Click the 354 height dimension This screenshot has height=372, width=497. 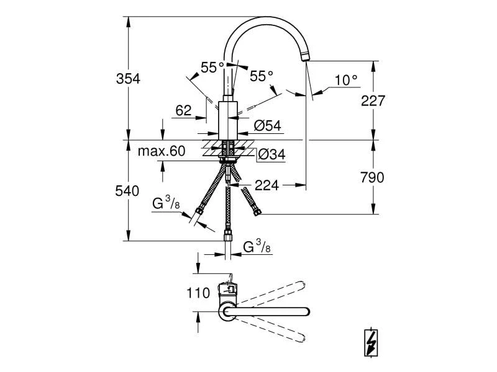click(x=129, y=79)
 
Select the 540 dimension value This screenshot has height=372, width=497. click(x=129, y=191)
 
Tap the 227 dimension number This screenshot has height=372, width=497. click(x=373, y=100)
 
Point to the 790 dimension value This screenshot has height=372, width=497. click(x=373, y=177)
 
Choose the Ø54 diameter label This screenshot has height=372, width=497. click(x=267, y=126)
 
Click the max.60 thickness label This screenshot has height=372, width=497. click(x=162, y=151)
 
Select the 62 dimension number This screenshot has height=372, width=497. click(x=183, y=110)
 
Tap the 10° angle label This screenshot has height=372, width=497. click(x=346, y=79)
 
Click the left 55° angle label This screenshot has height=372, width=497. click(x=212, y=68)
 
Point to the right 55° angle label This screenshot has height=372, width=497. click(x=262, y=76)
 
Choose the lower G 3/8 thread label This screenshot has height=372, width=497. click(x=256, y=247)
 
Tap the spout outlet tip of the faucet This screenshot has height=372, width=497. click(x=304, y=58)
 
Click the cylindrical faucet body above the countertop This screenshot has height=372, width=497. click(x=228, y=118)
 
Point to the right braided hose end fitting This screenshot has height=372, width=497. click(x=257, y=213)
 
